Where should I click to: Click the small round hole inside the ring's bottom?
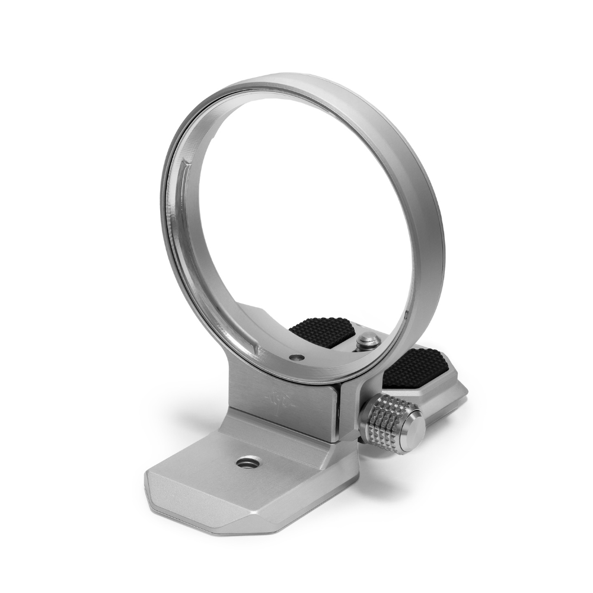[295, 358]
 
